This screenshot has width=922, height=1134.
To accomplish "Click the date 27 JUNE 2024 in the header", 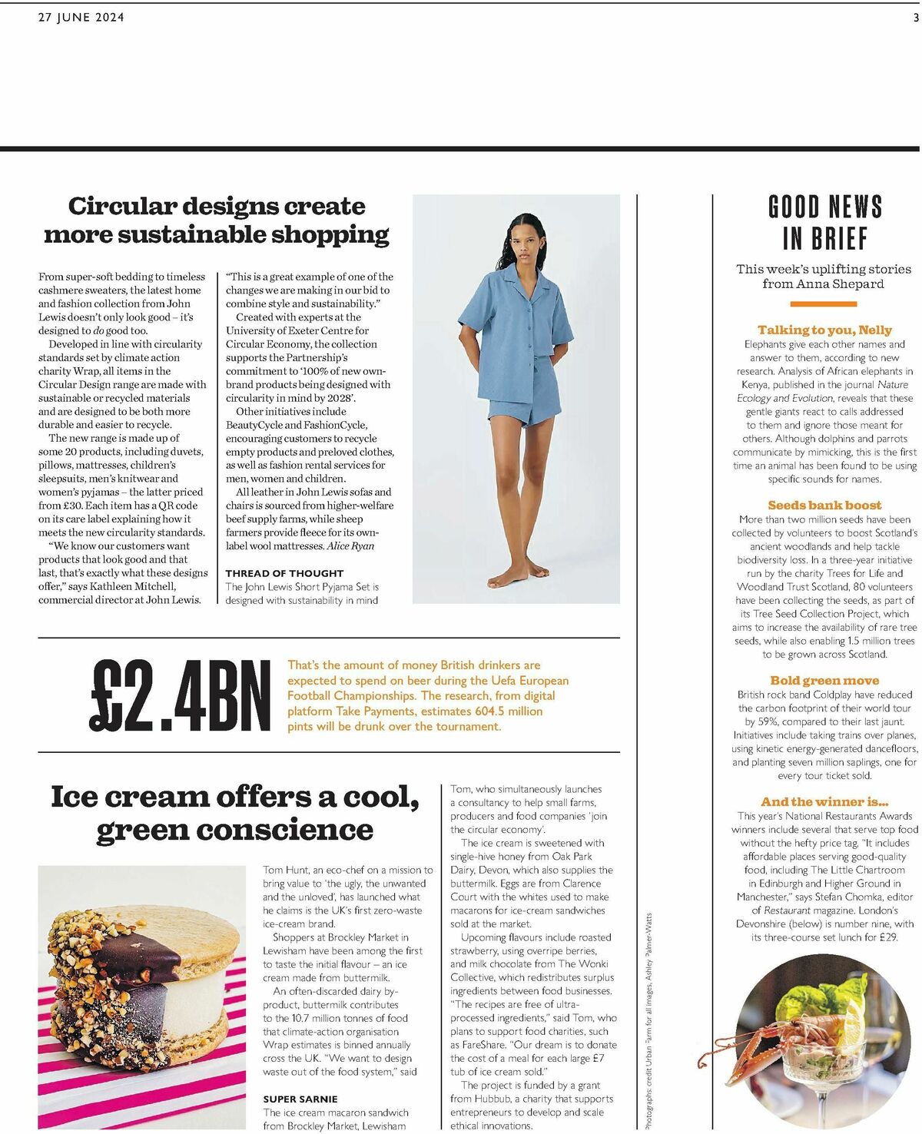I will click(81, 17).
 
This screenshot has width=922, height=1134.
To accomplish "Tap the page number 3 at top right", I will click(915, 17).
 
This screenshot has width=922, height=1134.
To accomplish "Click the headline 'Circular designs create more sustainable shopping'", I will click(216, 220).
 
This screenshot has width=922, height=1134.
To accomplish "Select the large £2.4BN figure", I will click(181, 695).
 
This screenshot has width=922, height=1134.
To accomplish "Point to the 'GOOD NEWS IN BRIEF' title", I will click(824, 223).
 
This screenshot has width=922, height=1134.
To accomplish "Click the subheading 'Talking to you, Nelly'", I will click(824, 330).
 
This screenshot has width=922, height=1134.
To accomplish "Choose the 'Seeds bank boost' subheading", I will click(824, 505).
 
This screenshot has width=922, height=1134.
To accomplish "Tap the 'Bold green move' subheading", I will click(824, 680).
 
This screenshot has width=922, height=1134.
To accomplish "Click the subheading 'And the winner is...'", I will click(824, 801).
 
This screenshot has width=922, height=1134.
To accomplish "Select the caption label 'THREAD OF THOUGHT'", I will click(284, 573).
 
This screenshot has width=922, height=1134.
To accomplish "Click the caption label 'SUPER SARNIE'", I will click(300, 1099).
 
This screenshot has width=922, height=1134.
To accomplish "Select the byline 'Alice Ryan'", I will click(350, 545).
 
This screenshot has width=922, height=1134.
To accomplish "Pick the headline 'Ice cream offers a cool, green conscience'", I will click(235, 813).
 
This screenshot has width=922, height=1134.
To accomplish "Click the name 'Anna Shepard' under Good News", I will click(845, 283).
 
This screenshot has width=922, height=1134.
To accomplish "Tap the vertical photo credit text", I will click(648, 1022).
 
